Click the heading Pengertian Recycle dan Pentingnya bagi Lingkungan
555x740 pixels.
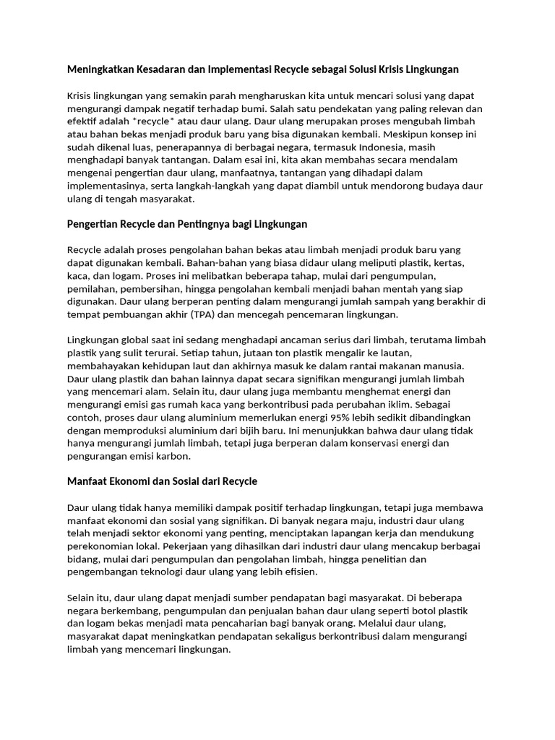(187, 224)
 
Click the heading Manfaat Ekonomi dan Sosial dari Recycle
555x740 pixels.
(162, 481)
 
